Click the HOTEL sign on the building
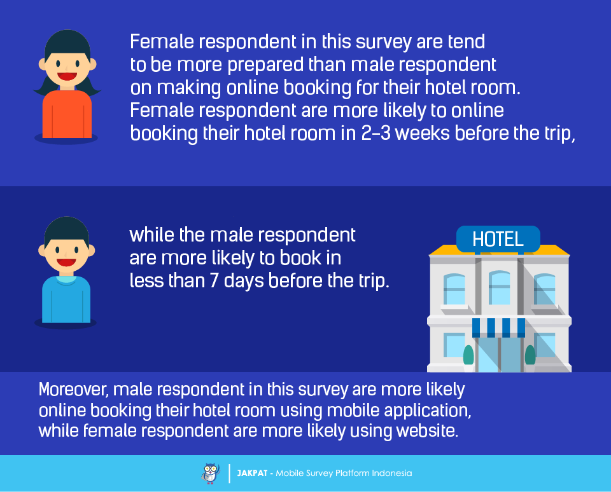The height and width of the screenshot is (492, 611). pyautogui.click(x=498, y=239)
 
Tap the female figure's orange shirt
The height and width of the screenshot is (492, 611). pyautogui.click(x=67, y=114)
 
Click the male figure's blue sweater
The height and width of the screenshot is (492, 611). pyautogui.click(x=66, y=299)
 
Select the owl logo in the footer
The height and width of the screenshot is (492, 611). pyautogui.click(x=211, y=474)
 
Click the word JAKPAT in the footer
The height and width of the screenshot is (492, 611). pyautogui.click(x=252, y=474)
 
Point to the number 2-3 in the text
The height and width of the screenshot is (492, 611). pyautogui.click(x=376, y=133)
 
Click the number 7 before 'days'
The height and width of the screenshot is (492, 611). pyautogui.click(x=214, y=280)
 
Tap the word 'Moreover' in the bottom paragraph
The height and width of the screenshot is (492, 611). pyautogui.click(x=73, y=390)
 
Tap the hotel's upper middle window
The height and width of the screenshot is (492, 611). pyautogui.click(x=499, y=288)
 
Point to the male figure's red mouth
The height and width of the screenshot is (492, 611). pyautogui.click(x=66, y=263)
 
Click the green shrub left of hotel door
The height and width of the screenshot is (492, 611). pyautogui.click(x=468, y=355)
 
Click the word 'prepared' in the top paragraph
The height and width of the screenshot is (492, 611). pyautogui.click(x=265, y=65)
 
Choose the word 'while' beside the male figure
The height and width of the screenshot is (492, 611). pyautogui.click(x=151, y=235)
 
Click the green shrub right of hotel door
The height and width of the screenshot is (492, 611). pyautogui.click(x=530, y=355)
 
